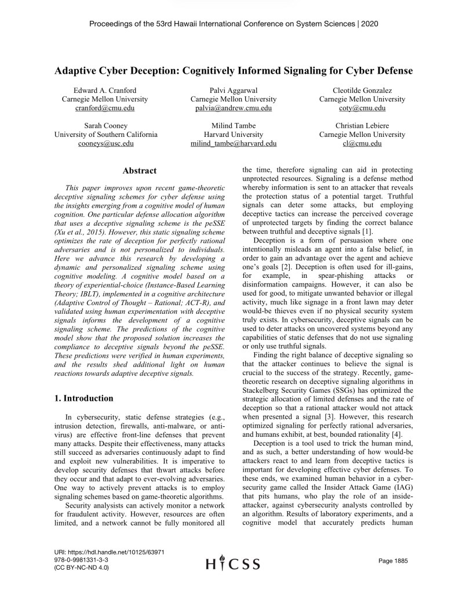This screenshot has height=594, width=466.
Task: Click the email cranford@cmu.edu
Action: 105,108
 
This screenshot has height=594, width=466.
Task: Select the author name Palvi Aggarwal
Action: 234,90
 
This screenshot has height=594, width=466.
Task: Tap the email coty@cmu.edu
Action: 362,108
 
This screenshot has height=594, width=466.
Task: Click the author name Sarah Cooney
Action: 105,125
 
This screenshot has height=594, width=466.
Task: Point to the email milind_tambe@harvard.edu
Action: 234,143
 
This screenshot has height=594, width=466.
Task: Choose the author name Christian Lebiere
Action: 362,125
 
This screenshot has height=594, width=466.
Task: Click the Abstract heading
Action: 140,171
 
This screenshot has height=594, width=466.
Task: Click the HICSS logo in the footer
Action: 234,563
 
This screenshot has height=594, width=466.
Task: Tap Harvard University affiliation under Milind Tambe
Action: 234,135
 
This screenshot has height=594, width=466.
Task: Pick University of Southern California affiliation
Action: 105,135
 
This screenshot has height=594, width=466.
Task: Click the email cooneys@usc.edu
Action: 105,143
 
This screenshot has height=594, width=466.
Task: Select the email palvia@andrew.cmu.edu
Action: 234,108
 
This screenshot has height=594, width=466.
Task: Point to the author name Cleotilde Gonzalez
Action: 362,90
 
